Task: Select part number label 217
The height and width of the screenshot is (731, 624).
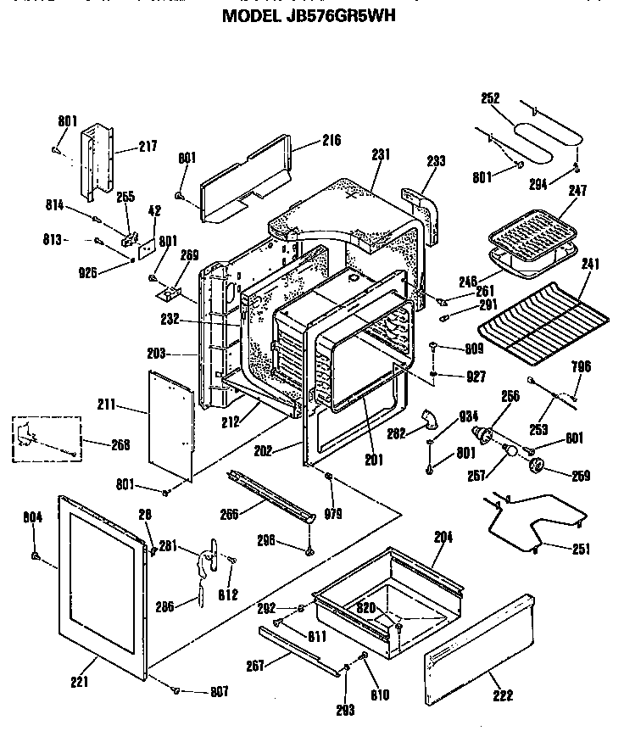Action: pyautogui.click(x=148, y=147)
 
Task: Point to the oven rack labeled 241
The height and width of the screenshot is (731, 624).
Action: pyautogui.click(x=543, y=317)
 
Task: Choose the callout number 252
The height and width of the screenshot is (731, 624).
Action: pyautogui.click(x=490, y=98)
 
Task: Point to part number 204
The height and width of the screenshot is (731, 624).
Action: pyautogui.click(x=443, y=537)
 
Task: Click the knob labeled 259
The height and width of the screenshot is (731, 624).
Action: pyautogui.click(x=536, y=466)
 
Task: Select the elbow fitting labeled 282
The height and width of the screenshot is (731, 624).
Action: pyautogui.click(x=428, y=419)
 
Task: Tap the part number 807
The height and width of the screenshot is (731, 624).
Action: pyautogui.click(x=219, y=692)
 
